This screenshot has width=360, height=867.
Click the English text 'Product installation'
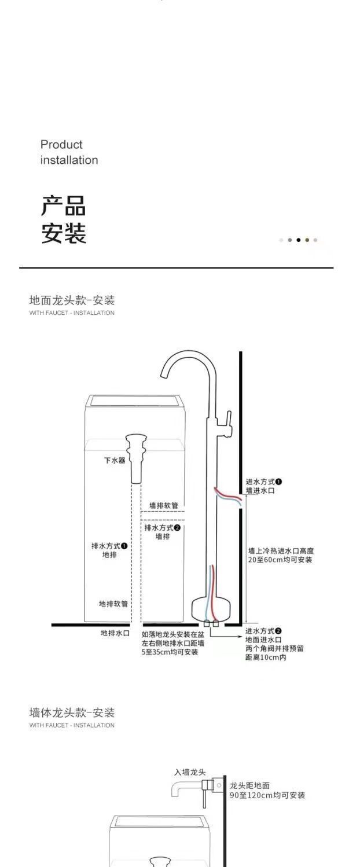tap(69, 152)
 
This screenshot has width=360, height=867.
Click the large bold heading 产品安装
tap(64, 220)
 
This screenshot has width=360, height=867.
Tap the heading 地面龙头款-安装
tap(72, 300)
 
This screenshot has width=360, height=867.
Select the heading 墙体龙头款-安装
tap(72, 712)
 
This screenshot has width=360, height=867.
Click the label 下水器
tap(115, 460)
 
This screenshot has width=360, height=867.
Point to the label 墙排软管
tap(163, 505)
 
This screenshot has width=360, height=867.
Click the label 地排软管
tap(113, 604)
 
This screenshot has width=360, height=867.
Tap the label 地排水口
tap(115, 633)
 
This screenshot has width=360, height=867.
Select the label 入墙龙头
tap(190, 772)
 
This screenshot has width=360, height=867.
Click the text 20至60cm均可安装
tap(280, 560)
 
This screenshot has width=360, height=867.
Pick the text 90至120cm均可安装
tap(267, 795)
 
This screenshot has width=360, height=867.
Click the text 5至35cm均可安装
tap(170, 652)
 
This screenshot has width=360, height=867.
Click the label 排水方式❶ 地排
tap(109, 550)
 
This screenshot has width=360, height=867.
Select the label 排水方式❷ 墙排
tap(163, 532)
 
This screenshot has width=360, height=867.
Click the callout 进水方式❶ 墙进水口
tap(263, 486)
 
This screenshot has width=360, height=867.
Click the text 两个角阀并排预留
tap(274, 648)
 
